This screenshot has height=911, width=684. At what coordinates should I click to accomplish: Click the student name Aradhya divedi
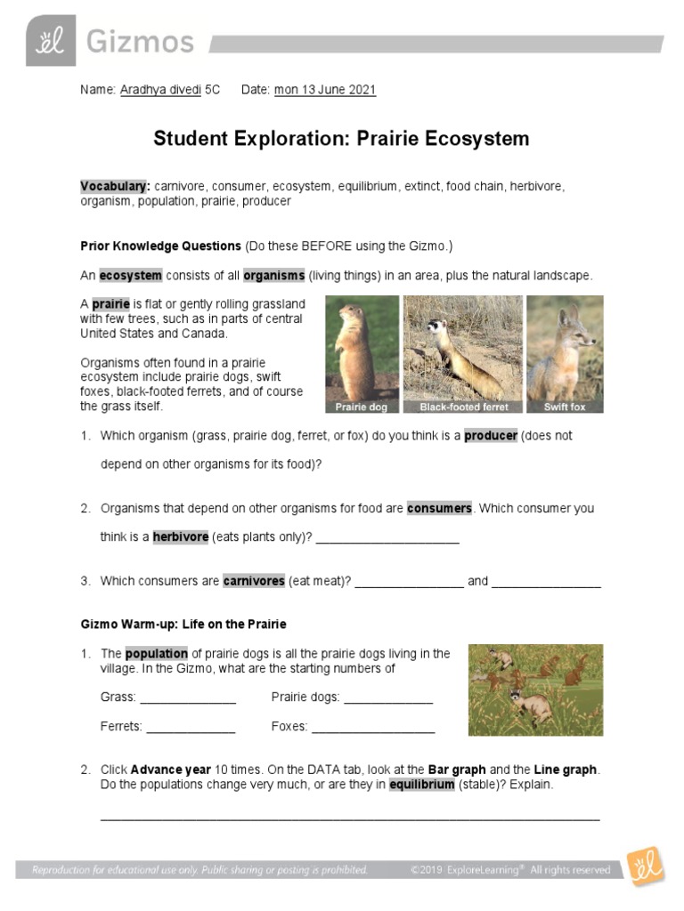pos(161,90)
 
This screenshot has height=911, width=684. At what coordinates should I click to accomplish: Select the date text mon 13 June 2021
pos(325,90)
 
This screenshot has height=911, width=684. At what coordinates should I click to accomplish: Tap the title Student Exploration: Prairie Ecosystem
pos(341,139)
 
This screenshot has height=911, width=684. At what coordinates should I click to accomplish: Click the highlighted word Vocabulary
pos(115,186)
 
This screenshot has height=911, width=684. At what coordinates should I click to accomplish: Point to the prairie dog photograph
pos(362,354)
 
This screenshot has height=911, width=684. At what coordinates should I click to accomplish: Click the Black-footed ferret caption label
pos(463,407)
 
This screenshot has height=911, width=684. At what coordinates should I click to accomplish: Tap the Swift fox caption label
pos(565,407)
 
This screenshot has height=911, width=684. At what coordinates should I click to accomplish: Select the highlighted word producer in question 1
pos(490,436)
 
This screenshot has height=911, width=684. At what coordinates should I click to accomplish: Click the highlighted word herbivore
pos(181,537)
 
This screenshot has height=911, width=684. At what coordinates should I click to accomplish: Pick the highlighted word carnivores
pos(254,581)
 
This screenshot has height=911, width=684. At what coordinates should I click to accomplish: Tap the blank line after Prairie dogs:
pos(388,697)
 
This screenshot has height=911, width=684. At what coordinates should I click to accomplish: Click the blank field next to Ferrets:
pos(191,727)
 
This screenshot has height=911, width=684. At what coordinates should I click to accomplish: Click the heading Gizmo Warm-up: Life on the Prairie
pos(183,624)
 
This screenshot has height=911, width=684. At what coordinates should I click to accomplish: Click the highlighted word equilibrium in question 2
pos(422,786)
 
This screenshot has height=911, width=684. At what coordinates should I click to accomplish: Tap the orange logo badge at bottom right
pos(644,866)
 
